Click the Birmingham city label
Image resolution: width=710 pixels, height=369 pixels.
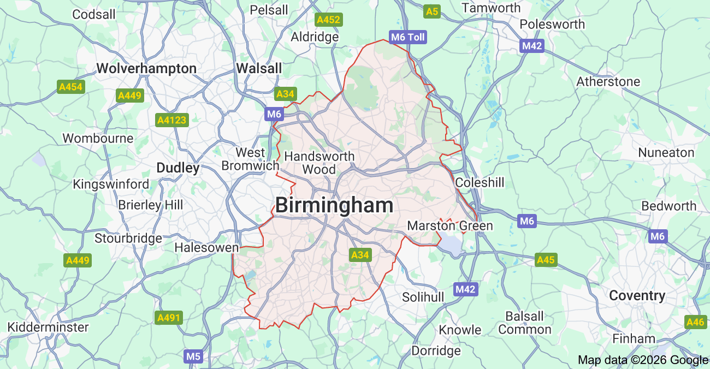click(x=334, y=206)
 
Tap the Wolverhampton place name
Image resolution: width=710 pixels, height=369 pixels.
click(x=146, y=68)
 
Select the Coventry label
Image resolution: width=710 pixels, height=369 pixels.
click(x=637, y=296)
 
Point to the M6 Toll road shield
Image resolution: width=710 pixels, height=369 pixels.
click(x=407, y=37)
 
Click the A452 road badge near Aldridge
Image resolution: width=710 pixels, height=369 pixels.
click(x=328, y=20)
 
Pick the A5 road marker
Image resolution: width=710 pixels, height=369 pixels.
click(x=432, y=11)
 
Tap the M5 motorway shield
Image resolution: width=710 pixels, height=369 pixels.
click(x=193, y=356)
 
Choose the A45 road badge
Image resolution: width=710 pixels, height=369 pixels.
click(x=546, y=260)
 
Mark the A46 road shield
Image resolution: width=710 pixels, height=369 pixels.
click(x=695, y=322)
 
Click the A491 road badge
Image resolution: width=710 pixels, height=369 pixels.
click(x=168, y=318)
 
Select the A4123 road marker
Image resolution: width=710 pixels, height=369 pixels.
click(x=171, y=120)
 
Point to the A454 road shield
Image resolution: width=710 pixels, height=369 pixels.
click(x=71, y=87)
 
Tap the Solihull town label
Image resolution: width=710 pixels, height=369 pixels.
click(x=423, y=297)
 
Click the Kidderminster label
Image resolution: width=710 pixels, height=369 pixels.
click(x=48, y=327)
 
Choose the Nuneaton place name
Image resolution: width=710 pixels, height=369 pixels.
click(x=666, y=152)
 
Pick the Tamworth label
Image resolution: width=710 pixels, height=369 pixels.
click(x=491, y=8)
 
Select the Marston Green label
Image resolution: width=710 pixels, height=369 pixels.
click(x=450, y=225)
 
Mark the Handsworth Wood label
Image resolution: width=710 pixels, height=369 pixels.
click(x=319, y=163)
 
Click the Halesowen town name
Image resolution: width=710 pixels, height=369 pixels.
click(x=206, y=247)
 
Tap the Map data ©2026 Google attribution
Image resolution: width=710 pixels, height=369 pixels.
click(x=643, y=360)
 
